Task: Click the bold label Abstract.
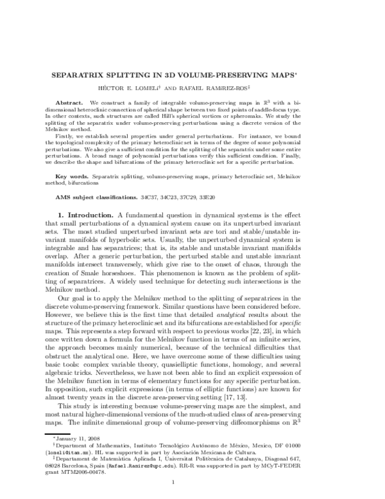tap(69, 102)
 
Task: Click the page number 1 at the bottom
tap(193, 483)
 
